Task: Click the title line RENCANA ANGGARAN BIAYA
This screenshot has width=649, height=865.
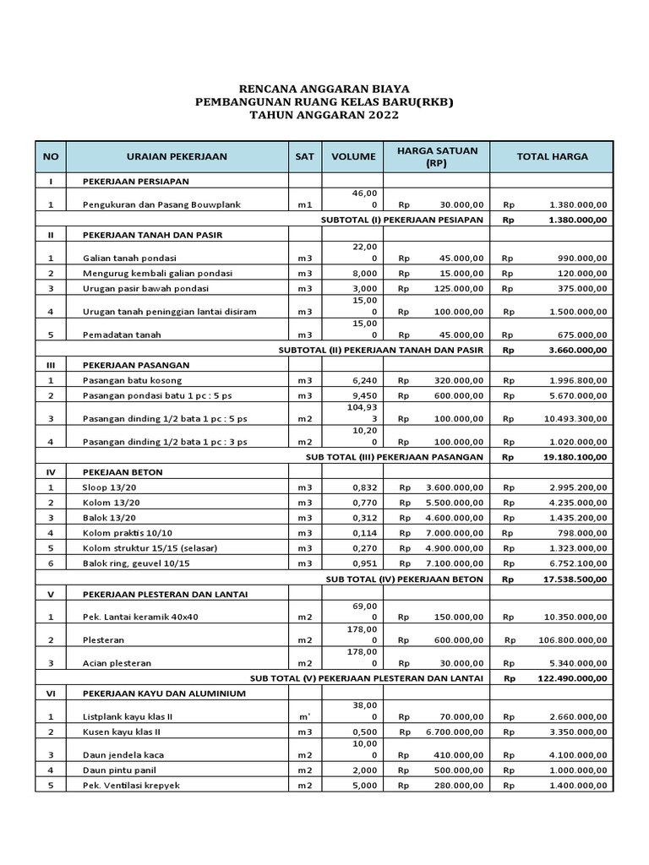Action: coord(324,89)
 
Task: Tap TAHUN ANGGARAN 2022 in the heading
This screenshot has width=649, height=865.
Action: coord(324,115)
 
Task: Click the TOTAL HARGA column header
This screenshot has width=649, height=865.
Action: coord(552,156)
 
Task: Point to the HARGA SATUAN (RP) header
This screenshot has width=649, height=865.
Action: coord(437,156)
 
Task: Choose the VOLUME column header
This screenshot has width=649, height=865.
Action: coord(352,156)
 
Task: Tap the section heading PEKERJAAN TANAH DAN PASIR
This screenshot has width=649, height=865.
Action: coord(152,234)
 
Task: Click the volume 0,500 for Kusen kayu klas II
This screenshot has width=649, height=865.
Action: coord(352,731)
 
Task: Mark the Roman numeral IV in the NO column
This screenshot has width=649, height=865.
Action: coord(51,471)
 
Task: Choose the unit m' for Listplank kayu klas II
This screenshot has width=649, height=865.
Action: coord(304,716)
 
